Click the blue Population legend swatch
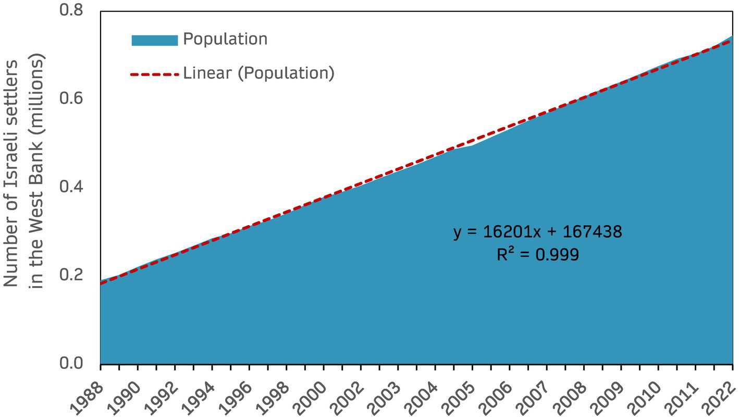coord(154,40)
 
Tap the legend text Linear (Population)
coord(258,73)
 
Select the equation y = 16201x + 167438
coord(537,232)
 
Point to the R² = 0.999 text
coord(537,255)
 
